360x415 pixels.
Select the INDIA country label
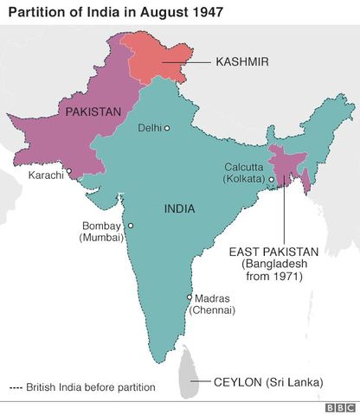pos(178,208)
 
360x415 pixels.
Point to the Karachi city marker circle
pos(68,171)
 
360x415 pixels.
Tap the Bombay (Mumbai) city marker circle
pos(131,227)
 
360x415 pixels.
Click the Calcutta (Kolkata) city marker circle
pos(271,180)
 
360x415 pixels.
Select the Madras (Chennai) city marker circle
pos(190,297)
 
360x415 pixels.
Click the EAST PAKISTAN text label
pos(273,252)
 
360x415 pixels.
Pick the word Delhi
pos(150,128)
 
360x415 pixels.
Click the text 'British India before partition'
pos(91,387)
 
